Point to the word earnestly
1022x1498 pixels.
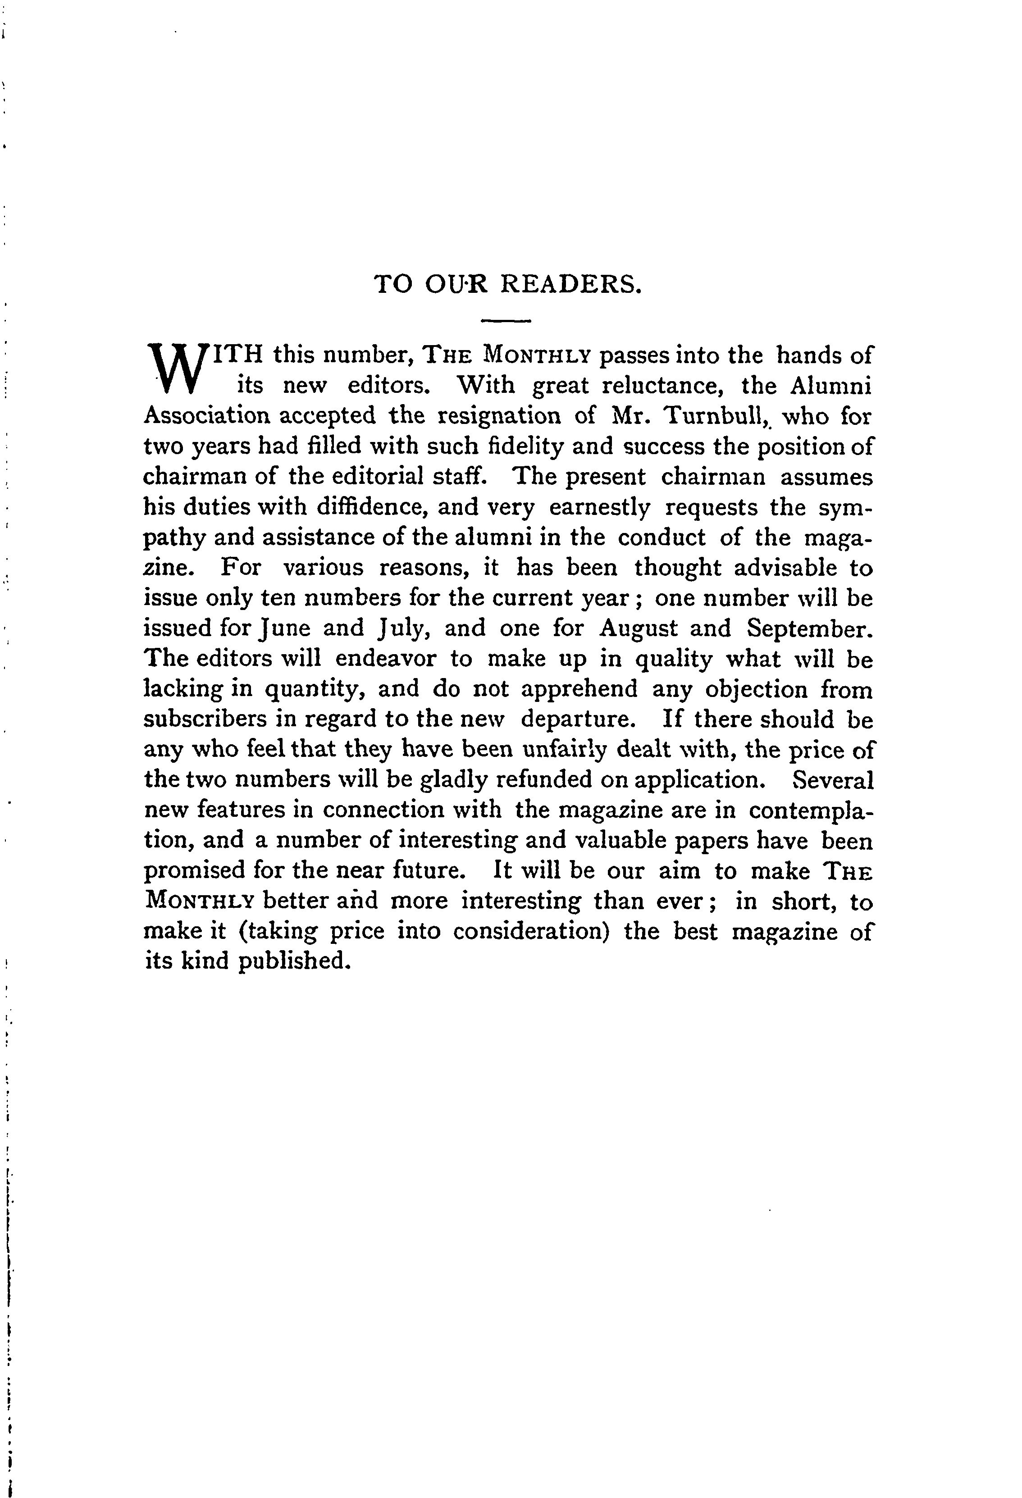click(600, 507)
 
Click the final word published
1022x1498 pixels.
click(294, 962)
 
